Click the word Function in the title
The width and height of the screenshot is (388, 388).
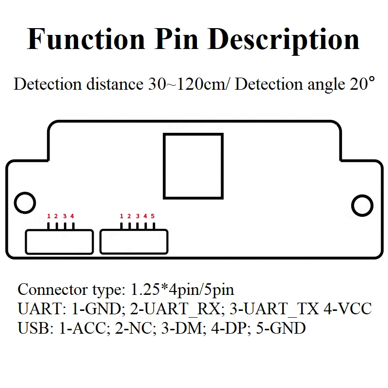(86, 39)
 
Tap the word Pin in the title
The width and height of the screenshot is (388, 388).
(177, 39)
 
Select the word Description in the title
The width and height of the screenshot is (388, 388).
(284, 41)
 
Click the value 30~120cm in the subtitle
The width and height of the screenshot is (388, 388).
(187, 84)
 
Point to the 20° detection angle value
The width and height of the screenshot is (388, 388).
(362, 83)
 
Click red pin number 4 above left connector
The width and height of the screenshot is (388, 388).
(72, 216)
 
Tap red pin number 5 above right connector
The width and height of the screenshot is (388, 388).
(153, 216)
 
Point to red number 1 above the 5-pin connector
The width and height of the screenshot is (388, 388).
(121, 216)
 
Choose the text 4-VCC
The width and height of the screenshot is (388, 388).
(348, 308)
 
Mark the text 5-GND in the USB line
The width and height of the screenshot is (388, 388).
(281, 328)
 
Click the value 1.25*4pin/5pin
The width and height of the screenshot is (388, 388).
(182, 290)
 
